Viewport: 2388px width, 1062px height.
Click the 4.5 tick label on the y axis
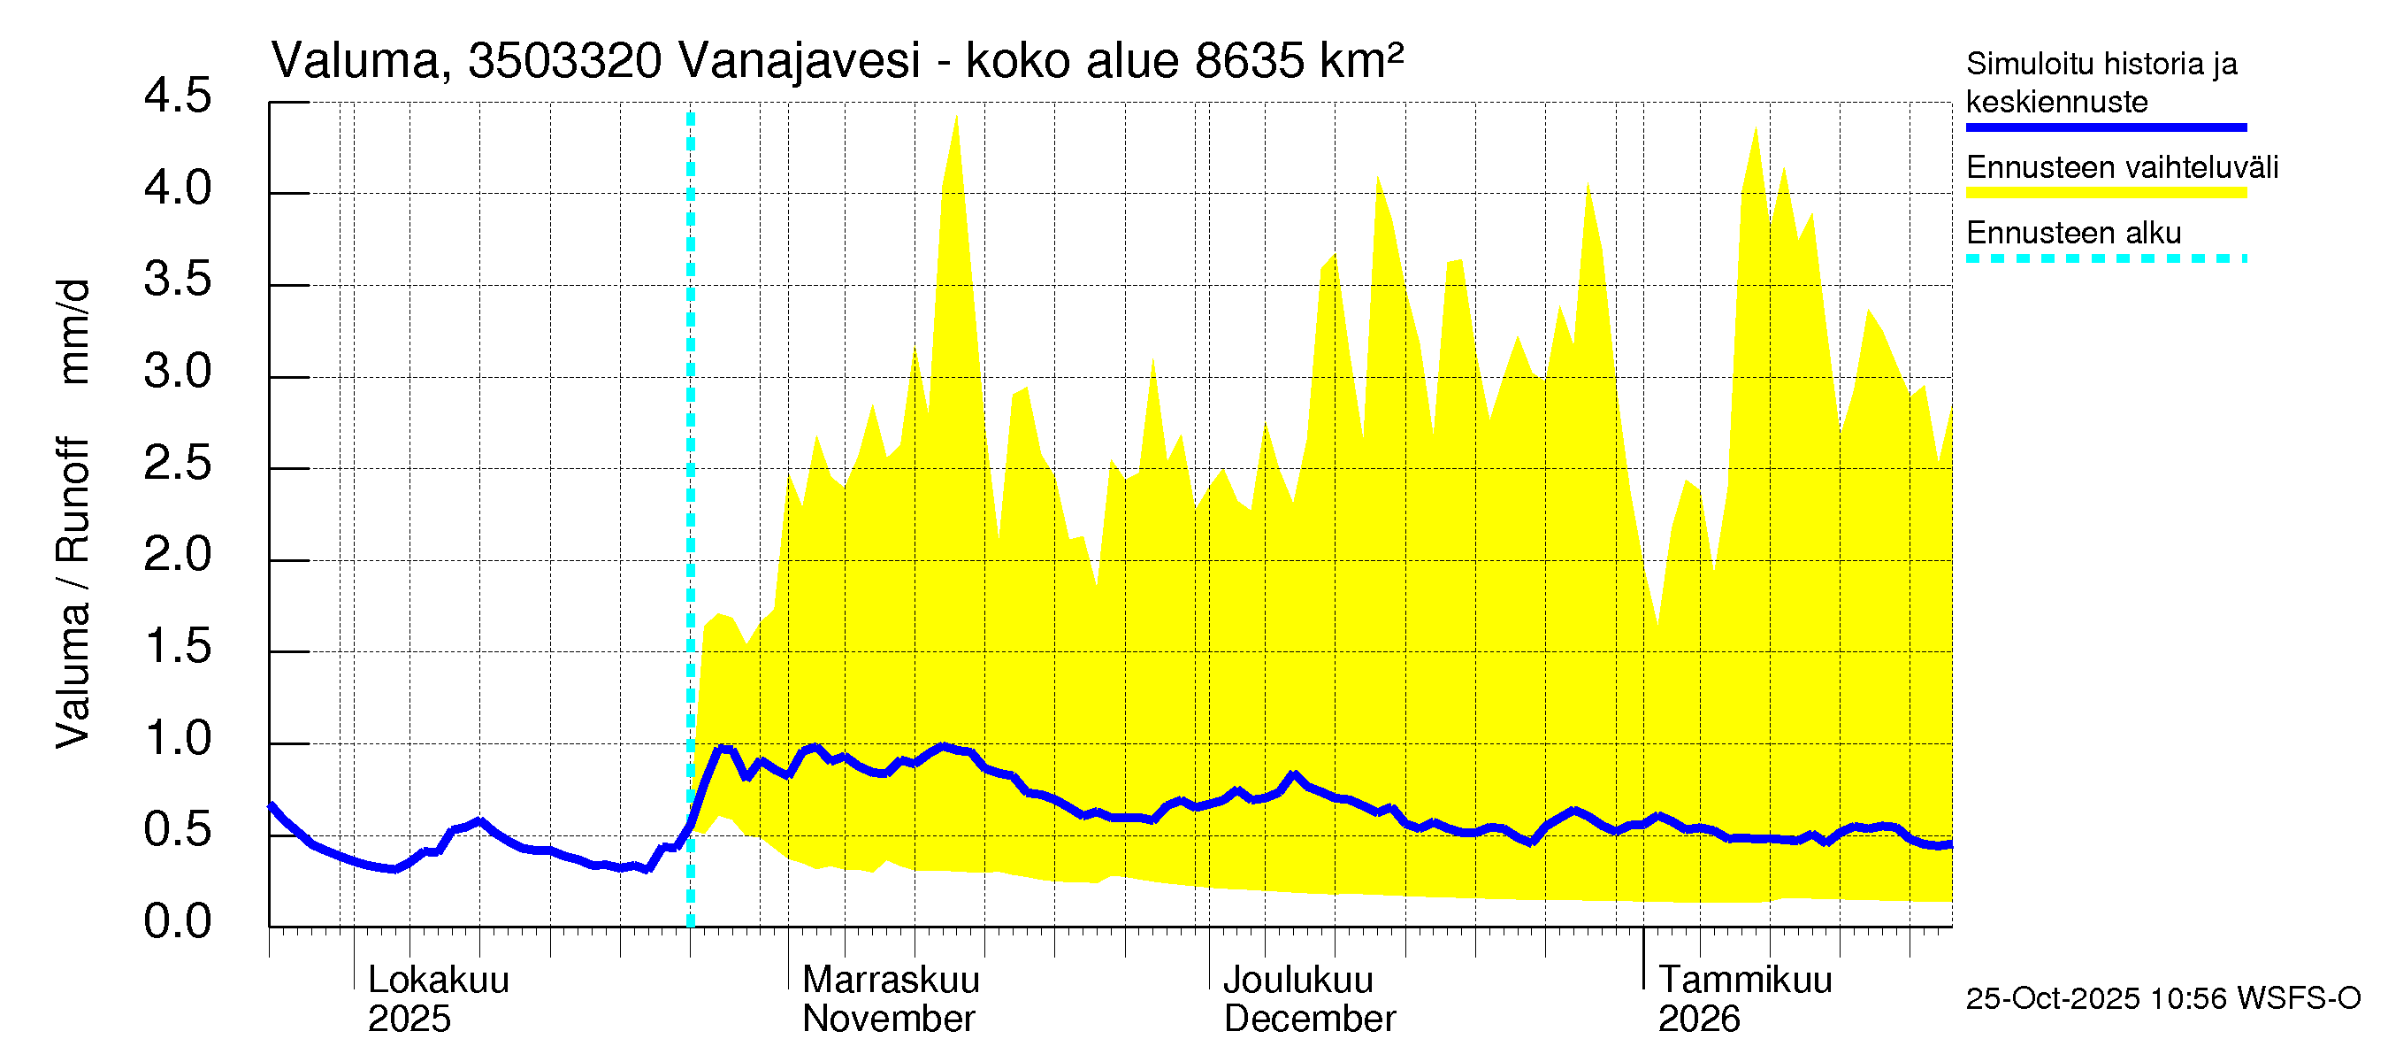click(177, 97)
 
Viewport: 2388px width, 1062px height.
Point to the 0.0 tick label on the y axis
click(177, 922)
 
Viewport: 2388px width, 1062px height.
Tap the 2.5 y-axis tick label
click(177, 464)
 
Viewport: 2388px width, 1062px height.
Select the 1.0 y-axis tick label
click(177, 739)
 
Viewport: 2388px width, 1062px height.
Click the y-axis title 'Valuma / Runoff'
click(73, 594)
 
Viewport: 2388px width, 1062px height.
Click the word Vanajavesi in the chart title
click(799, 61)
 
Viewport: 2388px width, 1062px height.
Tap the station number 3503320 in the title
click(564, 61)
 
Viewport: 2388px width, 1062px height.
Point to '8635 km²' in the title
click(1298, 61)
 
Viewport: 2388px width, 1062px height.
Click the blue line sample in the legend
click(2105, 127)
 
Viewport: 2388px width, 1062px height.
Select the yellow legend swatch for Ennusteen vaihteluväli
click(2105, 193)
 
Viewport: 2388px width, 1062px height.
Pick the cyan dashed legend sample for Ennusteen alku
click(2105, 258)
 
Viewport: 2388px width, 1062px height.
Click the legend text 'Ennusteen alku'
click(2074, 233)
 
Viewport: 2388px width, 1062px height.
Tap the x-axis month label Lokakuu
click(439, 981)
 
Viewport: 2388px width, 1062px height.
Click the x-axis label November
click(888, 1020)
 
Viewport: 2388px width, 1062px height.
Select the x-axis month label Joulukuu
click(1297, 981)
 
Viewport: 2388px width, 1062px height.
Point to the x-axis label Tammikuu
click(1745, 981)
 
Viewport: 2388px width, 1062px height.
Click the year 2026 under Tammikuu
click(1698, 1020)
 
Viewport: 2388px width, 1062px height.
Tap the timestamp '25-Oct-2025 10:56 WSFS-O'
click(2162, 999)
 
